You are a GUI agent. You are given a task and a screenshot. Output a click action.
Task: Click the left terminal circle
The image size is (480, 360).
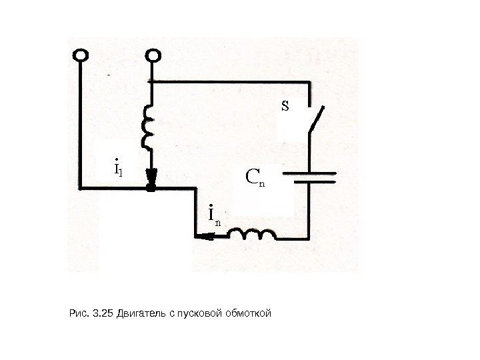click(x=81, y=55)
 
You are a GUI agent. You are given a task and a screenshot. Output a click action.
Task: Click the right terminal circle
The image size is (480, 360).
click(x=153, y=55)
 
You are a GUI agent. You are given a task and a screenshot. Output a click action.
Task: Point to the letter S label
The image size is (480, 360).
click(x=285, y=105)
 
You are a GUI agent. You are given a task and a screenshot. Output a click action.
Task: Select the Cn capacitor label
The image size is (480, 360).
click(x=255, y=177)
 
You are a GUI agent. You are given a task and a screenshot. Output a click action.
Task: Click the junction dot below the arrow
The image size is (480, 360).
click(x=151, y=189)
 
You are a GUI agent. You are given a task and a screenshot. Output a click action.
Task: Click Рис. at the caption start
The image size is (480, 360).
click(x=78, y=312)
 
